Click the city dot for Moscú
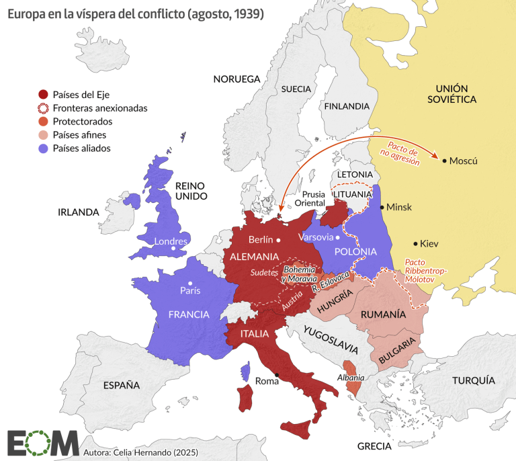click(443, 160)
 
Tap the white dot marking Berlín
click(277, 239)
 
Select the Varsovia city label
click(315, 237)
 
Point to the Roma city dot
click(276, 374)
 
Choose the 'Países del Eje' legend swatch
click(44, 94)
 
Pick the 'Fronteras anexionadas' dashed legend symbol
click(44, 108)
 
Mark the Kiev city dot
click(415, 243)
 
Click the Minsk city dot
click(382, 207)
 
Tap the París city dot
click(191, 283)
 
